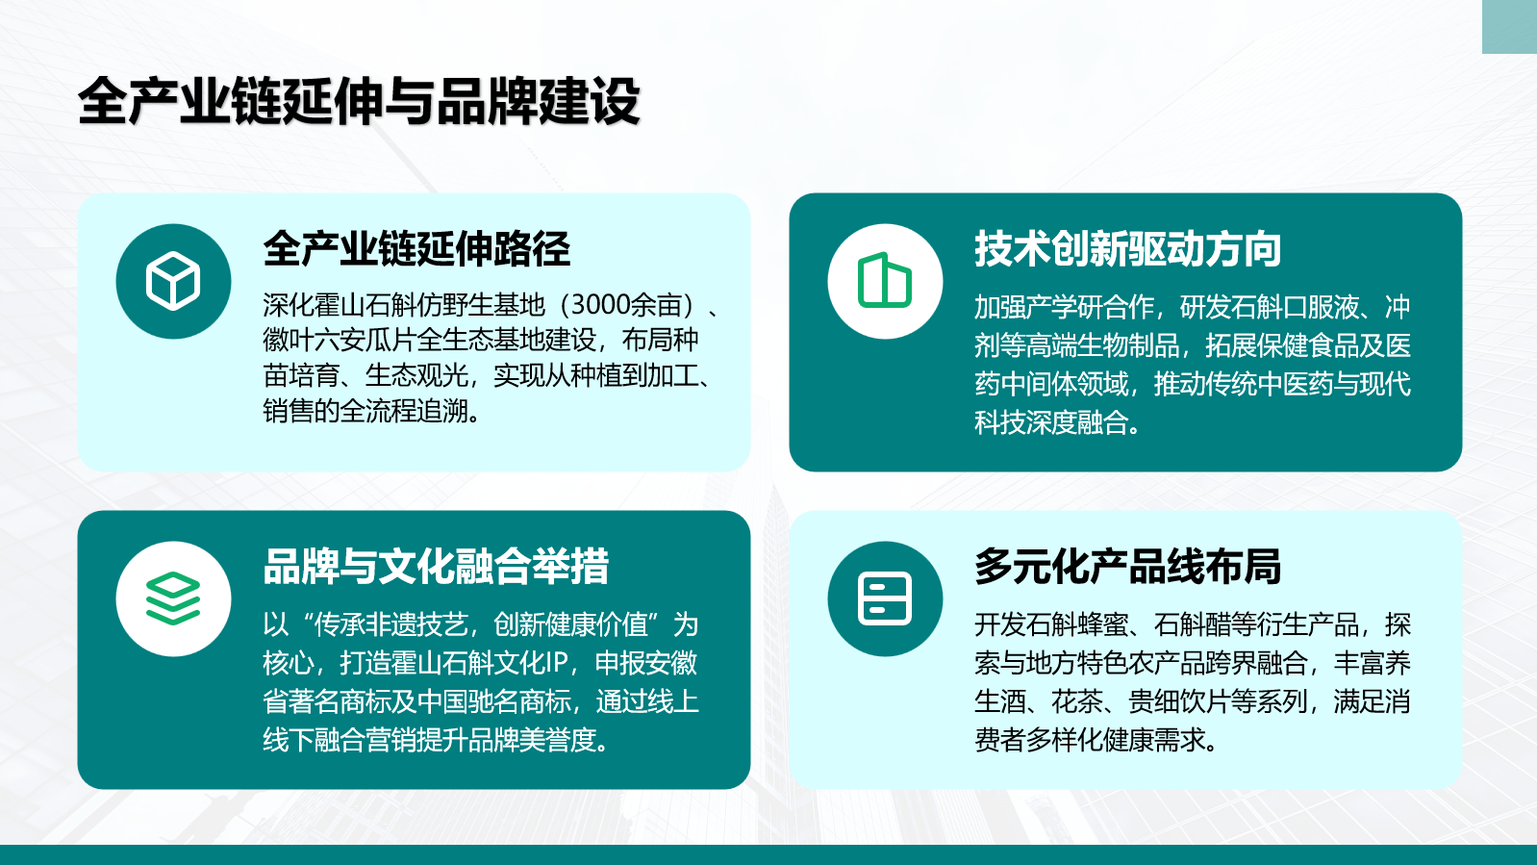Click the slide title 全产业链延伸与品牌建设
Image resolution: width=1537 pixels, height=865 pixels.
point(359,101)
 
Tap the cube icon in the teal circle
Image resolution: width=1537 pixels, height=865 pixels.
point(173,281)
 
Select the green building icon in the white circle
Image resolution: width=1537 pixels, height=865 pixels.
point(885,280)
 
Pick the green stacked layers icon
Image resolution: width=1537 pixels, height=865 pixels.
point(173,598)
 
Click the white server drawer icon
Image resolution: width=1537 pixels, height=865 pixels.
point(885,598)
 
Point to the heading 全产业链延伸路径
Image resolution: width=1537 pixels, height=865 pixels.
point(416,248)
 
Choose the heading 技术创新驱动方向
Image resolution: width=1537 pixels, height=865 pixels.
point(1127,248)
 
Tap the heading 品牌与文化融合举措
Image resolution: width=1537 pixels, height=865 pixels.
point(436,567)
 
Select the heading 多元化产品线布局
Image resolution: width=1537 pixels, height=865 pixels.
point(1127,567)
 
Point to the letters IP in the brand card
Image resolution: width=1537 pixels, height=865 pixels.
point(556,663)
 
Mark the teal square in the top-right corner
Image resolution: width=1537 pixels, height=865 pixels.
point(1509,27)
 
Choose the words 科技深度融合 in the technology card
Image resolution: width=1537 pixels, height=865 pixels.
point(1051,422)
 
